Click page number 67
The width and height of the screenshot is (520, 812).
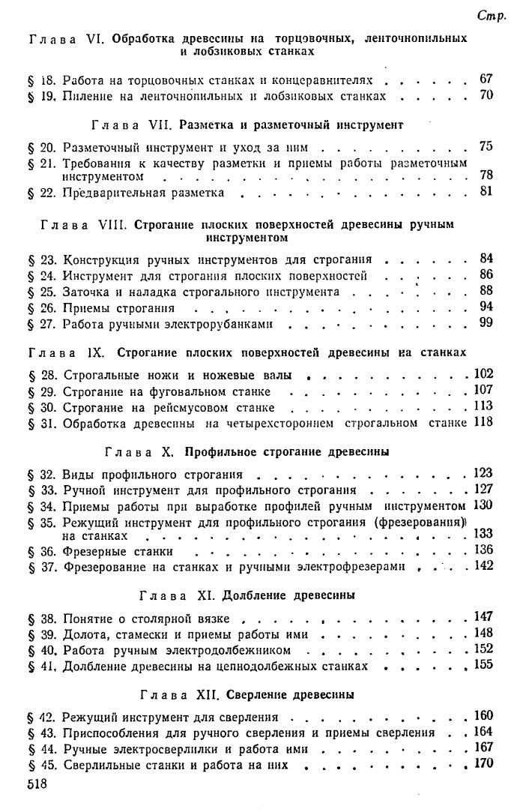click(486, 79)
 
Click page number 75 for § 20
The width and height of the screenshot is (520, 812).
click(486, 146)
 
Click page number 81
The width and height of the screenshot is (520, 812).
click(486, 190)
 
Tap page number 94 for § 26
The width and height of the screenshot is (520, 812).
click(486, 307)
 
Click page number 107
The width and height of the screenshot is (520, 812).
click(483, 390)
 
